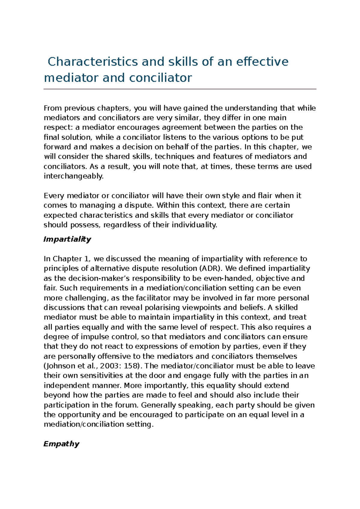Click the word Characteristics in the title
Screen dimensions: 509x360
point(92,62)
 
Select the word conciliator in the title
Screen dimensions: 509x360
point(160,78)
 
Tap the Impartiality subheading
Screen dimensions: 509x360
point(67,239)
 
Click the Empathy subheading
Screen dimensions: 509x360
point(61,444)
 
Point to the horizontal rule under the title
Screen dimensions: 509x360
point(180,89)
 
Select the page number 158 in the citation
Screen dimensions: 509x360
point(130,366)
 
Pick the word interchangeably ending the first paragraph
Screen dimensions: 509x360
point(73,176)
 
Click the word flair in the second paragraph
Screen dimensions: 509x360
point(265,196)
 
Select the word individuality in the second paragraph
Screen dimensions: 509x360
point(194,225)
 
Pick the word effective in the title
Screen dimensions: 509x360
point(262,62)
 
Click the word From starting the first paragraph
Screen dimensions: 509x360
point(52,108)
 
